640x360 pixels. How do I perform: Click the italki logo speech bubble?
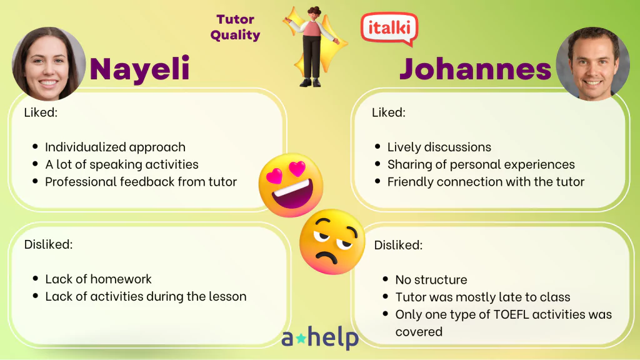click(389, 29)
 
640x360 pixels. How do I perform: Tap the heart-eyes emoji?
click(291, 186)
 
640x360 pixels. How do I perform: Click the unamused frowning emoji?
click(332, 242)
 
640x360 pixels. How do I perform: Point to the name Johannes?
click(475, 69)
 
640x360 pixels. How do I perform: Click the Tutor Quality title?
click(235, 27)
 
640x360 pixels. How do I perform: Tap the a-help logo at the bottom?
click(320, 337)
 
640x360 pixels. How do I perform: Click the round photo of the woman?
click(49, 64)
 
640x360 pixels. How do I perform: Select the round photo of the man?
click(592, 64)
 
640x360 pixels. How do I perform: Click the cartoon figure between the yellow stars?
click(314, 46)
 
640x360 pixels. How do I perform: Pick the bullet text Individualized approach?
click(115, 147)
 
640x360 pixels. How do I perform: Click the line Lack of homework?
click(98, 279)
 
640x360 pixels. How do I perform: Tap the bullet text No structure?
click(431, 279)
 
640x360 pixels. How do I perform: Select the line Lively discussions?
click(439, 147)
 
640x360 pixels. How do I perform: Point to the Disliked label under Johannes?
click(398, 245)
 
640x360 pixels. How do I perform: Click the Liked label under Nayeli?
click(41, 112)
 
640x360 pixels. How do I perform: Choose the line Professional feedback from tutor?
click(141, 182)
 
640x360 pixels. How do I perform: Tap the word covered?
click(419, 331)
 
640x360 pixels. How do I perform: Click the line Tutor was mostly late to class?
click(482, 297)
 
